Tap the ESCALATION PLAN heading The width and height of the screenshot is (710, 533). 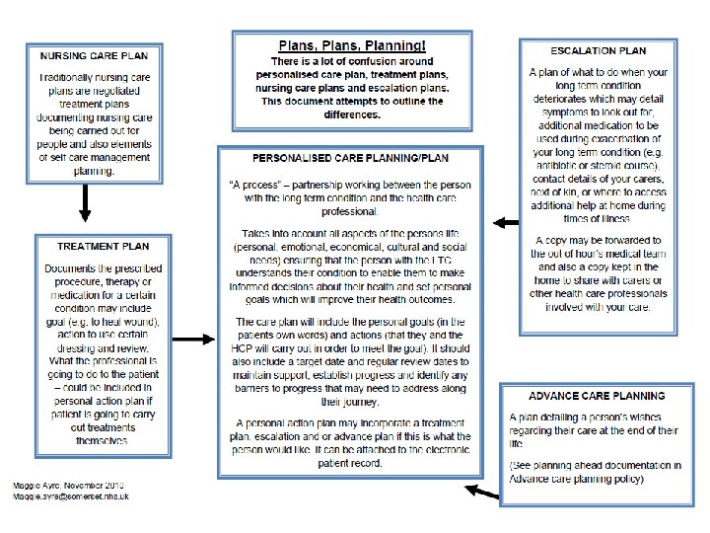[598, 49]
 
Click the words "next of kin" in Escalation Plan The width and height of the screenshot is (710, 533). [563, 192]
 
